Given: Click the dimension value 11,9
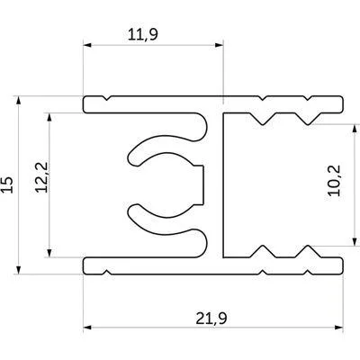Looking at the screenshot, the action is [143, 35].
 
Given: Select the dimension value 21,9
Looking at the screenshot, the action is [211, 319].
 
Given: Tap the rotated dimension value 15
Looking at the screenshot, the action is [8, 184].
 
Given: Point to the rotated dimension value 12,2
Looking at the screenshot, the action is [41, 177].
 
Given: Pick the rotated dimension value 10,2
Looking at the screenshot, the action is [334, 181].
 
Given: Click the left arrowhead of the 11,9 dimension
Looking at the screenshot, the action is [87, 45].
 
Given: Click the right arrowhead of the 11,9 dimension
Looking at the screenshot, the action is [220, 45].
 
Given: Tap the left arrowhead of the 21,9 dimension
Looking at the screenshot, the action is [87, 328].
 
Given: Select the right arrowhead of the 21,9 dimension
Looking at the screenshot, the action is [338, 328].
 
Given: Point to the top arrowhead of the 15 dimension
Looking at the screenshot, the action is [19, 100].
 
